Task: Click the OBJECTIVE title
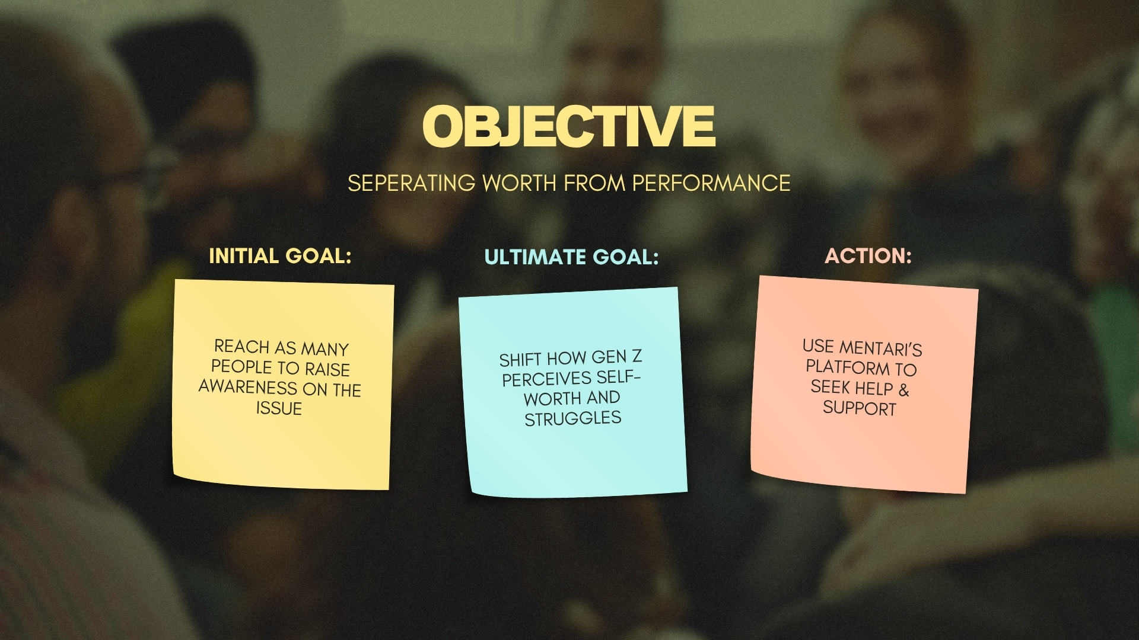coord(569,126)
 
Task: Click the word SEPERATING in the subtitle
coord(411,183)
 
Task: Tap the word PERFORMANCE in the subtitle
coord(711,183)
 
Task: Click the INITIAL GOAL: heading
coord(281,256)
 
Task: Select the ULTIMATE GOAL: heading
coord(571,257)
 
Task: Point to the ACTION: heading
coord(868,256)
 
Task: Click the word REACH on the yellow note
coord(241,346)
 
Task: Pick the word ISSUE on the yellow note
coord(279,408)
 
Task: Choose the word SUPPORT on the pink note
coord(859,408)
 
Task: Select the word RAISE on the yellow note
coord(327,370)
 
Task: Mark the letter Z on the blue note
coord(637,356)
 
